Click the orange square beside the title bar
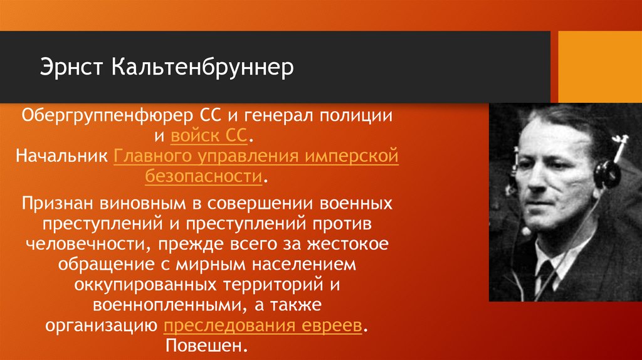(x=601, y=65)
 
